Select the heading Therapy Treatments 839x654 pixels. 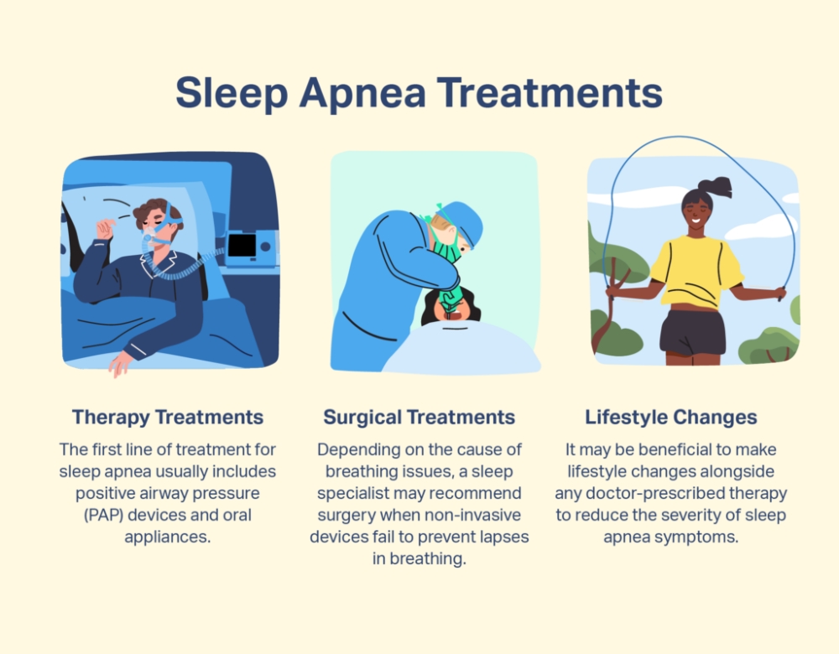pos(168,417)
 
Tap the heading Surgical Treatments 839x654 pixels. pos(419,417)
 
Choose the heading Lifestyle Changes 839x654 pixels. pos(671,417)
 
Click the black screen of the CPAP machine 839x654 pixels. pos(242,246)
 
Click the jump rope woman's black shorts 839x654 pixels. pos(693,332)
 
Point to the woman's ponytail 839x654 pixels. pos(717,186)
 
